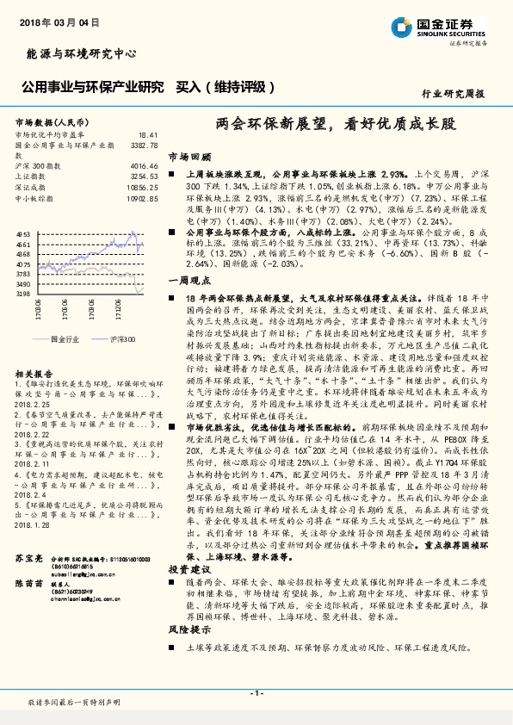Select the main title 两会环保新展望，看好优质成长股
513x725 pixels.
324,124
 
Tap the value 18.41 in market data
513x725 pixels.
148,135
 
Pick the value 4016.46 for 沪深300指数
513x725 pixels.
143,164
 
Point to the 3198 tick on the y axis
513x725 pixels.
23,294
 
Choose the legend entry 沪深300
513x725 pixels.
121,339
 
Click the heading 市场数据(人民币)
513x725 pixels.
53,122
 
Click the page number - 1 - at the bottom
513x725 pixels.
256,693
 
